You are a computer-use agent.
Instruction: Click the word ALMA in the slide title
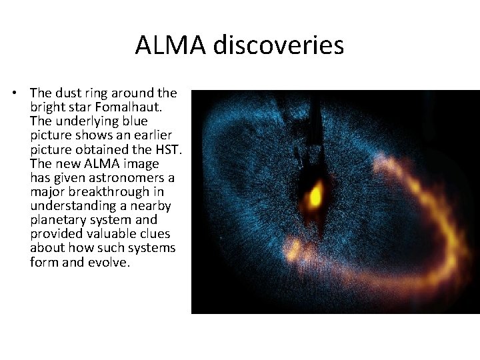[171, 45]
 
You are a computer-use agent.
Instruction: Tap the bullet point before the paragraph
[17, 93]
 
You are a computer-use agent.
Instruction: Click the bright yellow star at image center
[315, 195]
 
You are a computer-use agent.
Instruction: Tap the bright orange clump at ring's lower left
[294, 250]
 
